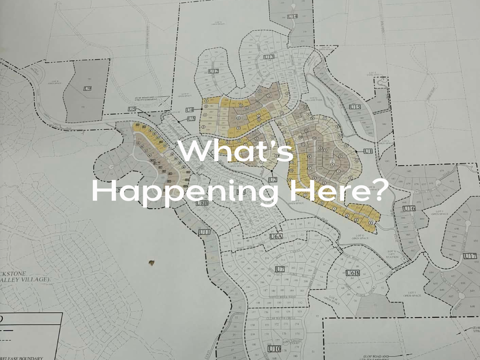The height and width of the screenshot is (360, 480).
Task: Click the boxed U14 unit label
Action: point(292,17)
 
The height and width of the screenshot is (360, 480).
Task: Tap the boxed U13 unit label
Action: point(269,57)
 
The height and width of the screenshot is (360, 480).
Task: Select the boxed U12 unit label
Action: point(214,71)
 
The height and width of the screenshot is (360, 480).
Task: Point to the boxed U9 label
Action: point(88,89)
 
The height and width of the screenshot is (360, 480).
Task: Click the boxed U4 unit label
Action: point(189,110)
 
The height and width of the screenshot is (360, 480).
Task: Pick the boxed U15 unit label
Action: point(354,107)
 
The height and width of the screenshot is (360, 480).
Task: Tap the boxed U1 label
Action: point(368,151)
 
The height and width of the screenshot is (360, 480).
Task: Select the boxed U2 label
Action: point(273,180)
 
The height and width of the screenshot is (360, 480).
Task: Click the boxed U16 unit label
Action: point(409,208)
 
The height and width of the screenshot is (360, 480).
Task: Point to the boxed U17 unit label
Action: point(470,256)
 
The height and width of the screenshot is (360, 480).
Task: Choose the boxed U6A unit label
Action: point(276,236)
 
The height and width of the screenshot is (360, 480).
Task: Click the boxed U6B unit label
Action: point(352,273)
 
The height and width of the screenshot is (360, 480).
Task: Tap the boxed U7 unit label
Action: point(280,269)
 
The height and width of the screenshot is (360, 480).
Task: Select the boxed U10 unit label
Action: point(274,349)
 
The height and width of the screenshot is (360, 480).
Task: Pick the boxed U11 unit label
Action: point(204,232)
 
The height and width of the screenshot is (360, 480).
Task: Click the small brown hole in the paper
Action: point(152,263)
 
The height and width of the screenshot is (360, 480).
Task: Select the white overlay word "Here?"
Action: point(338,190)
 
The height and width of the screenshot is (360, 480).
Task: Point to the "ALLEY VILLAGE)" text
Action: point(25,279)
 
